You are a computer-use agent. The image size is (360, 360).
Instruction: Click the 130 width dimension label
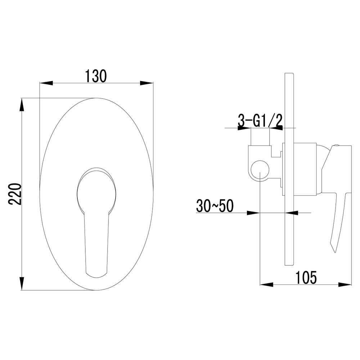96,76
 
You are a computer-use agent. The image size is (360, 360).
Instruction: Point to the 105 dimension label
306,278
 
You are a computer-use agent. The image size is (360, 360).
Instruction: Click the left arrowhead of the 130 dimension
46,83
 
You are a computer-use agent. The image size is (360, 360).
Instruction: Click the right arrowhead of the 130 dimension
147,83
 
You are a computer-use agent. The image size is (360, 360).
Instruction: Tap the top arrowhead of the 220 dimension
22,105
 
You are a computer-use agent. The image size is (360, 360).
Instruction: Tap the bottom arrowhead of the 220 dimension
22,284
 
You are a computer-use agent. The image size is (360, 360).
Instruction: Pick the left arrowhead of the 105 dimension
266,285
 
